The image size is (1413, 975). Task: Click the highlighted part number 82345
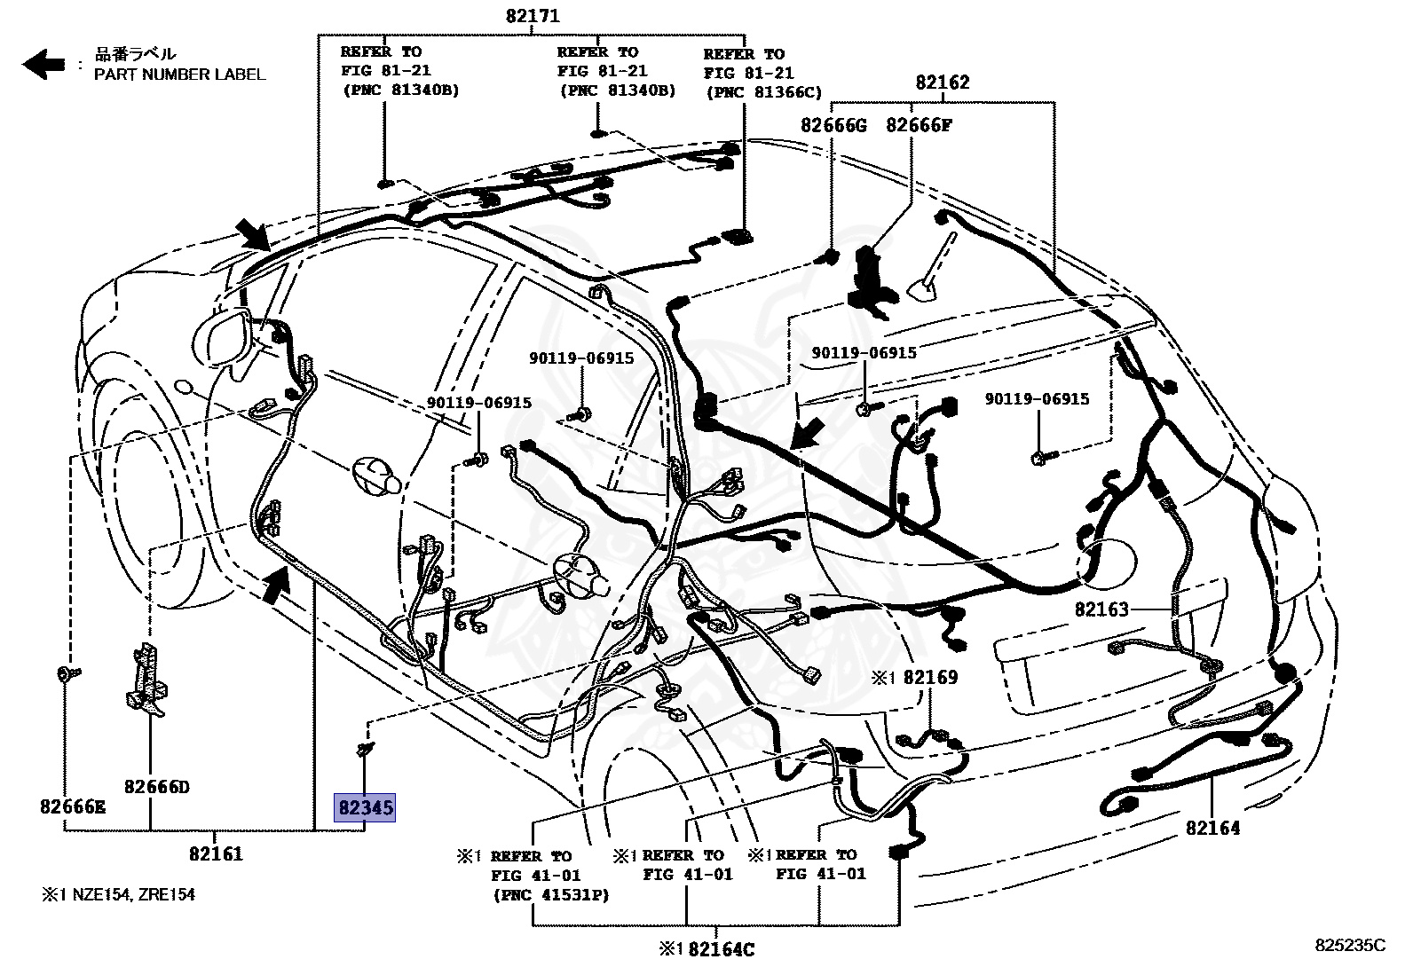365,808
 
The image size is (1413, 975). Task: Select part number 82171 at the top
533,15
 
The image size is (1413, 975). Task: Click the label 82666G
833,125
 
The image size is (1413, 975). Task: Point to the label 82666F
918,125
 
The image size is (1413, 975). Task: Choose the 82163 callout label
1101,609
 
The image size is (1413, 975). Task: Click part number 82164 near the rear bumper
1212,828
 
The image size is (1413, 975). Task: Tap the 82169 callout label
930,678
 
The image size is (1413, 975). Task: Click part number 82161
215,854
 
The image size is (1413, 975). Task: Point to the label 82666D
156,787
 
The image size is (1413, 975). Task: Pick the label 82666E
72,806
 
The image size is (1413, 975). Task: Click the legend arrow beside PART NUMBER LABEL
43,64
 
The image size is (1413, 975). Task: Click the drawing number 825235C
1350,946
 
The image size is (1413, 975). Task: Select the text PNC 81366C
764,92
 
